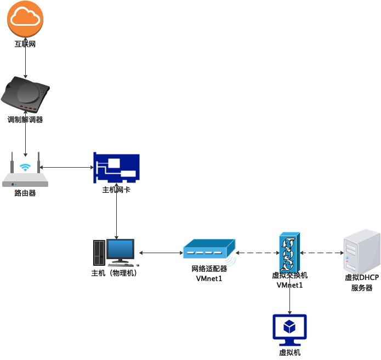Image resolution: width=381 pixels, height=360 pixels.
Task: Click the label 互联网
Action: (25, 43)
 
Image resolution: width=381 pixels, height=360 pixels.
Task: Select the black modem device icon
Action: (26, 94)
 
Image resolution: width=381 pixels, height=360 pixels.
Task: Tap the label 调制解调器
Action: (25, 120)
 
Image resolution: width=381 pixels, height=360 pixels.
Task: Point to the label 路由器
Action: (25, 193)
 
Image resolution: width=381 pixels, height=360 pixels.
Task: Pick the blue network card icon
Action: (116, 168)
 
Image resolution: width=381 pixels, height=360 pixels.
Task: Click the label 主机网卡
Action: (116, 190)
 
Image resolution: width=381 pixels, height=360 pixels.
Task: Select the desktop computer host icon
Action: (113, 253)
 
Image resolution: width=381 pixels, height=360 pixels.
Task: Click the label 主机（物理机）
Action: (113, 272)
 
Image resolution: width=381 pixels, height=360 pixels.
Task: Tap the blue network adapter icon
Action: (209, 250)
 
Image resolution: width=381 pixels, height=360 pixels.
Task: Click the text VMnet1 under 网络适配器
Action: (209, 278)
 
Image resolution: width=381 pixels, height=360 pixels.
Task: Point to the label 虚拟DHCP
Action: (361, 277)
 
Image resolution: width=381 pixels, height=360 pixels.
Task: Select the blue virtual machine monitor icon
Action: (289, 329)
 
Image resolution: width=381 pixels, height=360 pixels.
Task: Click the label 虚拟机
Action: (289, 352)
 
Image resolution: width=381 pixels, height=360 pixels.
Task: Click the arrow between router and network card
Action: (66, 167)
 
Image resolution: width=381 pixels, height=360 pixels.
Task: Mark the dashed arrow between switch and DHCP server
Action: (322, 253)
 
